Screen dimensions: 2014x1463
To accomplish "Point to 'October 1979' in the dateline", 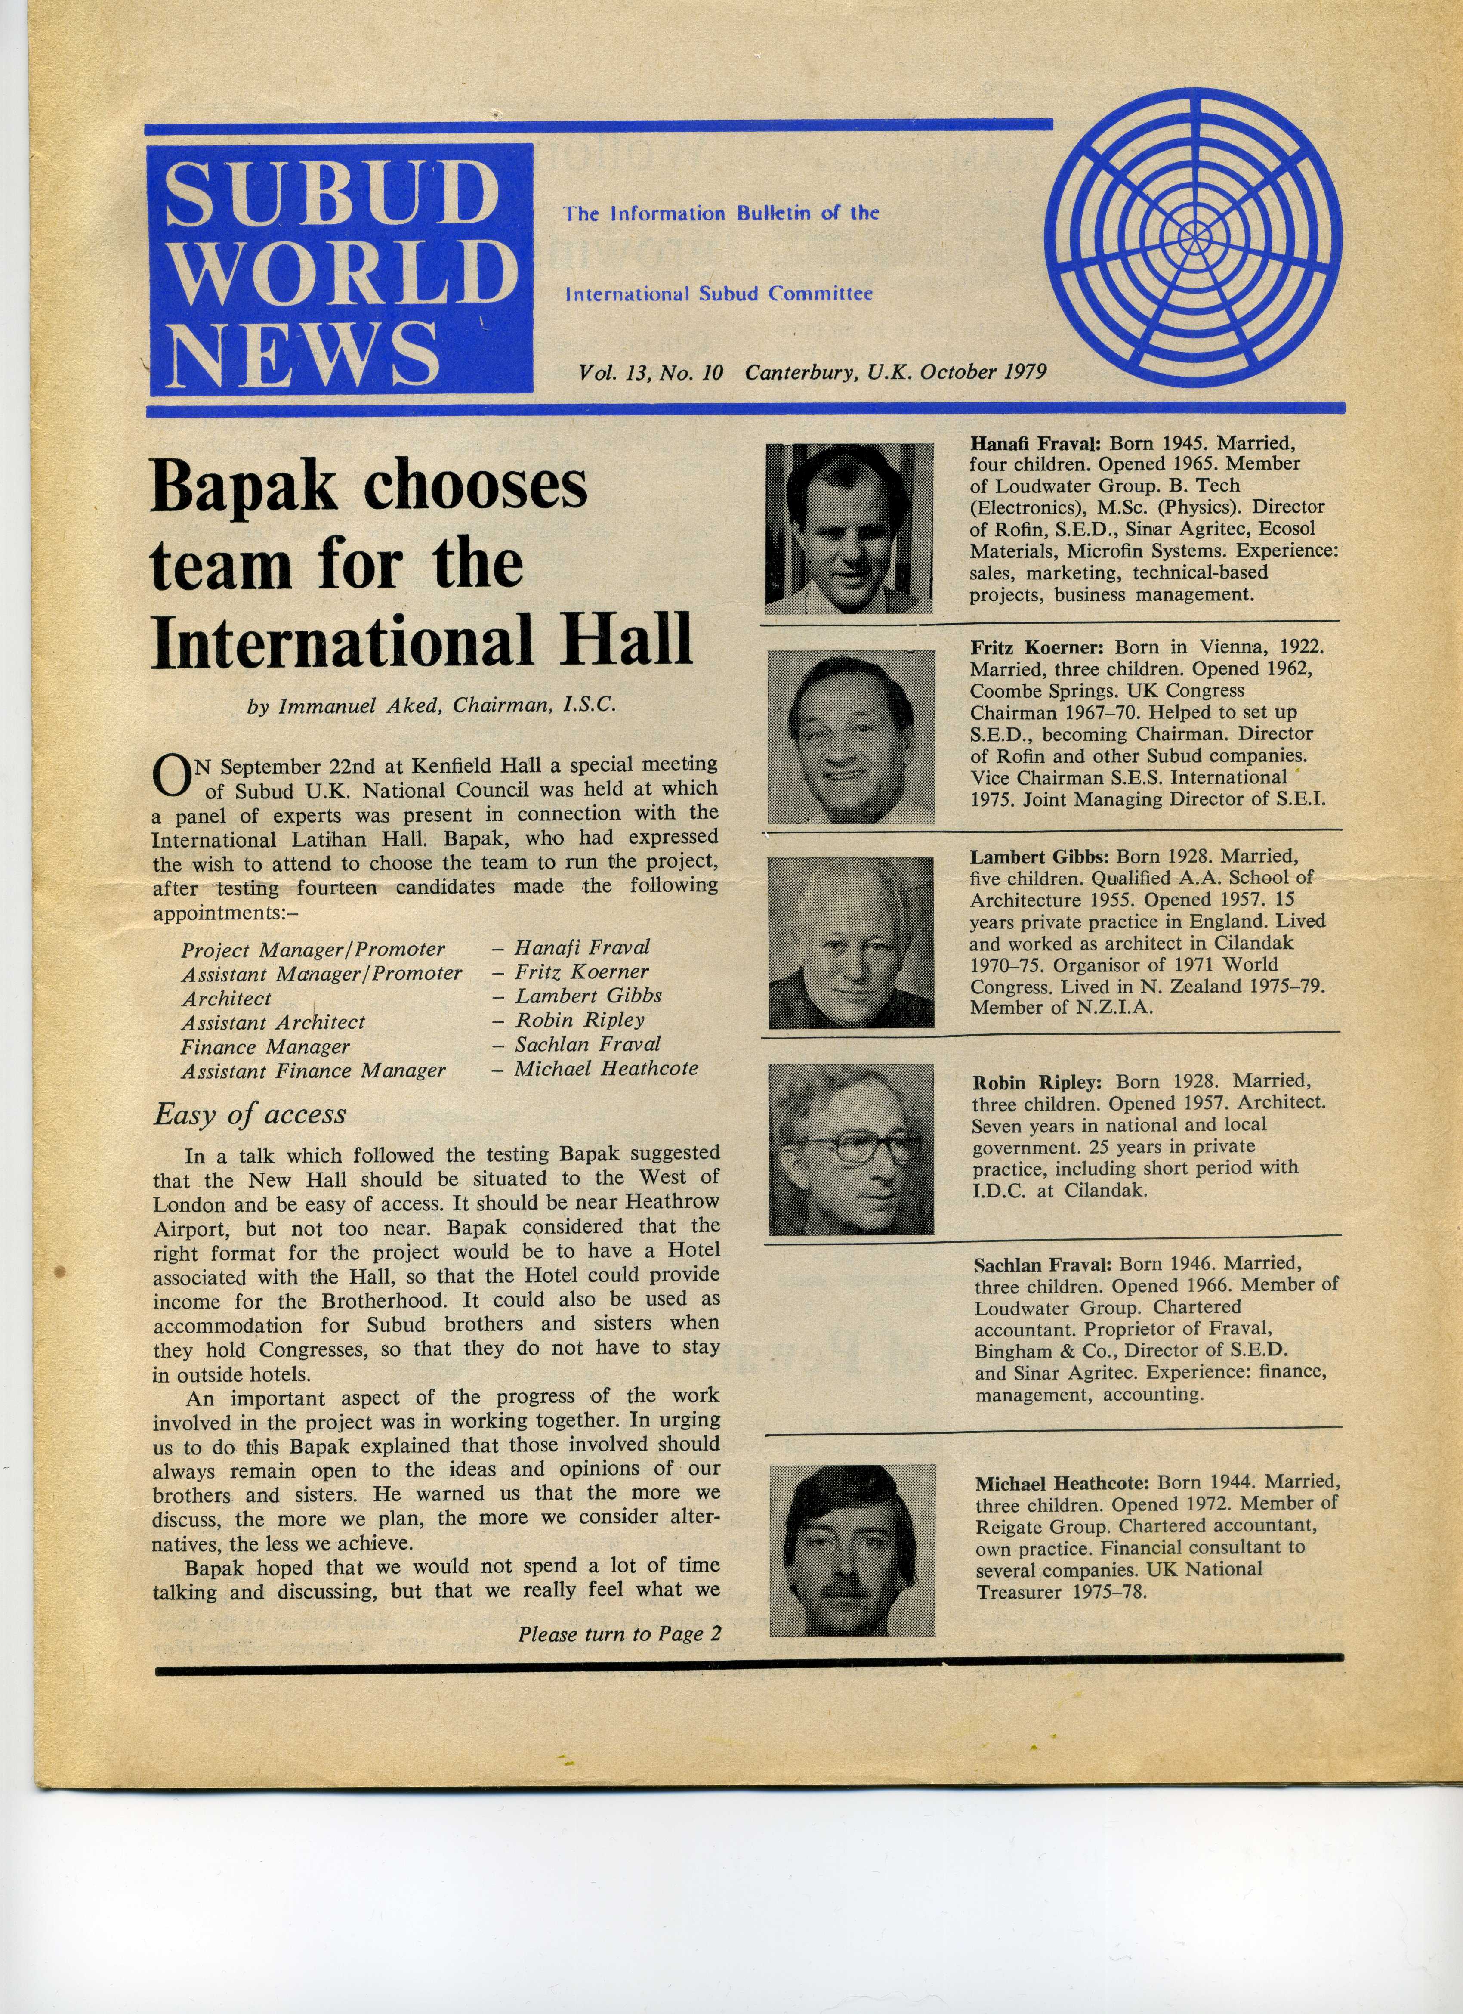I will (983, 372).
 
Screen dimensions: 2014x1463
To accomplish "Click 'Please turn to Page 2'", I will (619, 1634).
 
